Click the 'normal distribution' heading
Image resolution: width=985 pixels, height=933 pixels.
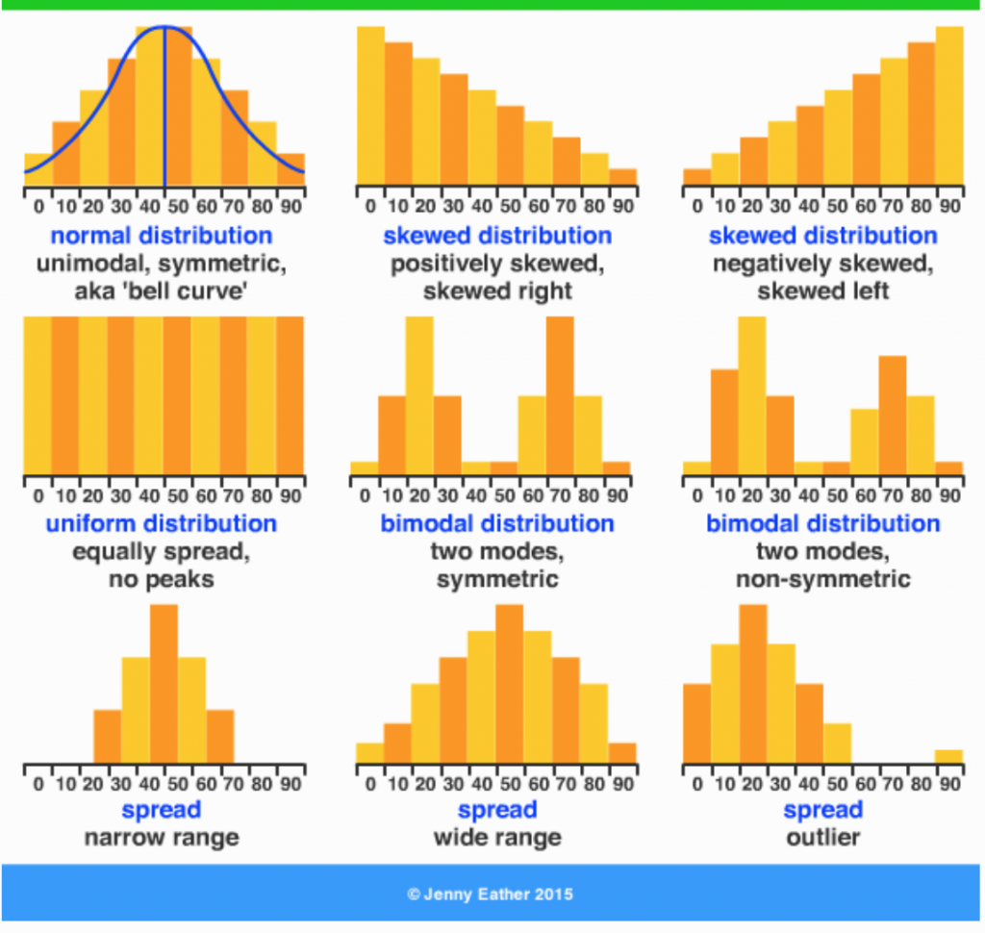(162, 236)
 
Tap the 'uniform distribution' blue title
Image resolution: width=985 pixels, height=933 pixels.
(162, 524)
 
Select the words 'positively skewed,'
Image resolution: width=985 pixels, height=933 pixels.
(497, 264)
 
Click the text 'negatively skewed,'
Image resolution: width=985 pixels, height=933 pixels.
(822, 264)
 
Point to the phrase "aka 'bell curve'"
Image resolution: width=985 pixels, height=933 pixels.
(162, 290)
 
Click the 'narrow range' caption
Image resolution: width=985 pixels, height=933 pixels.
(162, 837)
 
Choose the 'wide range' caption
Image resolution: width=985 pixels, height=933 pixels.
(497, 837)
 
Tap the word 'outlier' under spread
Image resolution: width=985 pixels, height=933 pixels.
(822, 837)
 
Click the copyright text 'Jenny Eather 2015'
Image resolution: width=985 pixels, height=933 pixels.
(490, 894)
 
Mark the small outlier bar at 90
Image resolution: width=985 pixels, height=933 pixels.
(948, 756)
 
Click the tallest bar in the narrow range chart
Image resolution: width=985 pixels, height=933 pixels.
(164, 683)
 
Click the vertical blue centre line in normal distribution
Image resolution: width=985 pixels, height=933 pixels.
(164, 106)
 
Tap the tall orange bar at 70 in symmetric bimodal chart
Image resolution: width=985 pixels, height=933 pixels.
(560, 394)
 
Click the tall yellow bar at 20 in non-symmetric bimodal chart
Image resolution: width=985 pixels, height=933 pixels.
(752, 394)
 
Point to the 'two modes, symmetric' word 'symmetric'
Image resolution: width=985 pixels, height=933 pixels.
(497, 580)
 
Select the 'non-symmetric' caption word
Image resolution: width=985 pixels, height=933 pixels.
(822, 580)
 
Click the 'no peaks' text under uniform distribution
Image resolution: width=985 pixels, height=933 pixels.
(162, 580)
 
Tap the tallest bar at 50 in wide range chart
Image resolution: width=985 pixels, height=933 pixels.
(510, 683)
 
